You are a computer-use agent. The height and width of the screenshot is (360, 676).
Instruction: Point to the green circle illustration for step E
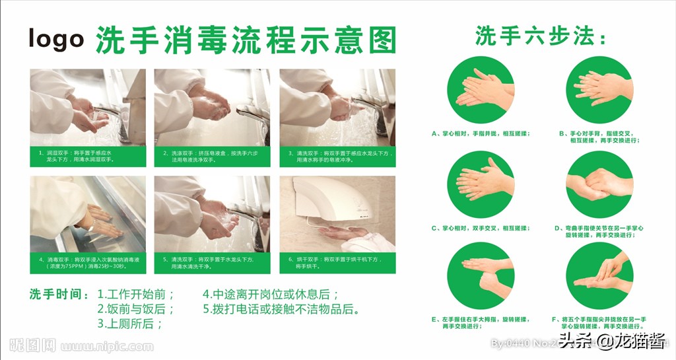pos(480,276)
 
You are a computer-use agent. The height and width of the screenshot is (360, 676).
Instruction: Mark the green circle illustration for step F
pos(599,276)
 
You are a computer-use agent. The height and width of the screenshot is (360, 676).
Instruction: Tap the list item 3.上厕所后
pos(130,324)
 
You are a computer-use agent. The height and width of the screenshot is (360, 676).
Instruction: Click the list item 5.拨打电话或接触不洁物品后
pos(281,309)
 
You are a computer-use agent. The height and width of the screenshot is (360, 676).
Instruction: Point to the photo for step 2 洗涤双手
pos(212,107)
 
